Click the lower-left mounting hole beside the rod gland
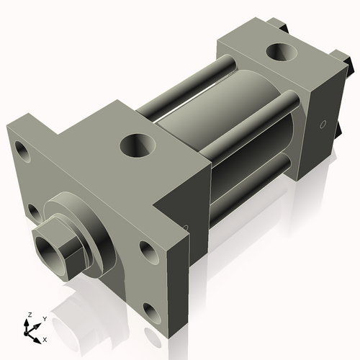pos(33,212)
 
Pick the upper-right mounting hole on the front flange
pos(148,252)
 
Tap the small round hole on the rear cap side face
pos(322,125)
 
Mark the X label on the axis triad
pos(45,338)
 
